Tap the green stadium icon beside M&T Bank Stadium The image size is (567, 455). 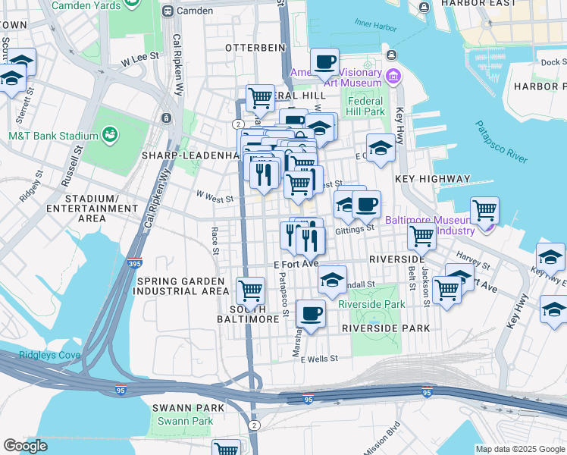pyautogui.click(x=110, y=136)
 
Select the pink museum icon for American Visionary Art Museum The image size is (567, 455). pyautogui.click(x=393, y=76)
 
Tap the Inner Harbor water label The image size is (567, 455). pyautogui.click(x=374, y=24)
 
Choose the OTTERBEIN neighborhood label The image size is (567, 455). pyautogui.click(x=254, y=47)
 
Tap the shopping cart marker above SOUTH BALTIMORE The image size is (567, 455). pyautogui.click(x=250, y=289)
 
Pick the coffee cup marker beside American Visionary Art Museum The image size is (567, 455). pyautogui.click(x=325, y=61)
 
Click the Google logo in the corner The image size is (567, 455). pyautogui.click(x=25, y=446)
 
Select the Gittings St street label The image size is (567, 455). pyautogui.click(x=360, y=227)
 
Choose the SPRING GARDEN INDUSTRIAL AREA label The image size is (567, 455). pyautogui.click(x=182, y=285)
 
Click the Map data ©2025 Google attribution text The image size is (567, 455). pyautogui.click(x=520, y=449)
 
